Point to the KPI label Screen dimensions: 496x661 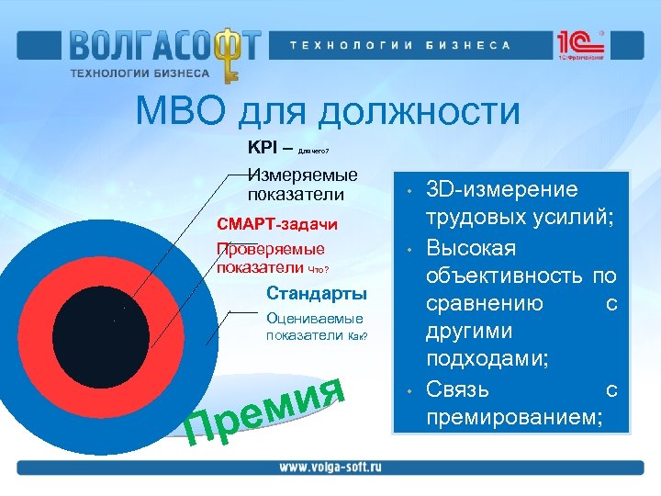(265, 147)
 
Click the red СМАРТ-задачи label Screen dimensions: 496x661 (276, 224)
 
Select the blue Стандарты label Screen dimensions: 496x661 (316, 294)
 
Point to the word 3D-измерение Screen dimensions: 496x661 (503, 189)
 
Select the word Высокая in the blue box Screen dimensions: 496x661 (472, 248)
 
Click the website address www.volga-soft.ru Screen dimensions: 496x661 (330, 467)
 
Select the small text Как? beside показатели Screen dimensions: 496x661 (357, 337)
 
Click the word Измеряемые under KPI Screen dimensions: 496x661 (303, 175)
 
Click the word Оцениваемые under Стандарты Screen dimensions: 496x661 (314, 319)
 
